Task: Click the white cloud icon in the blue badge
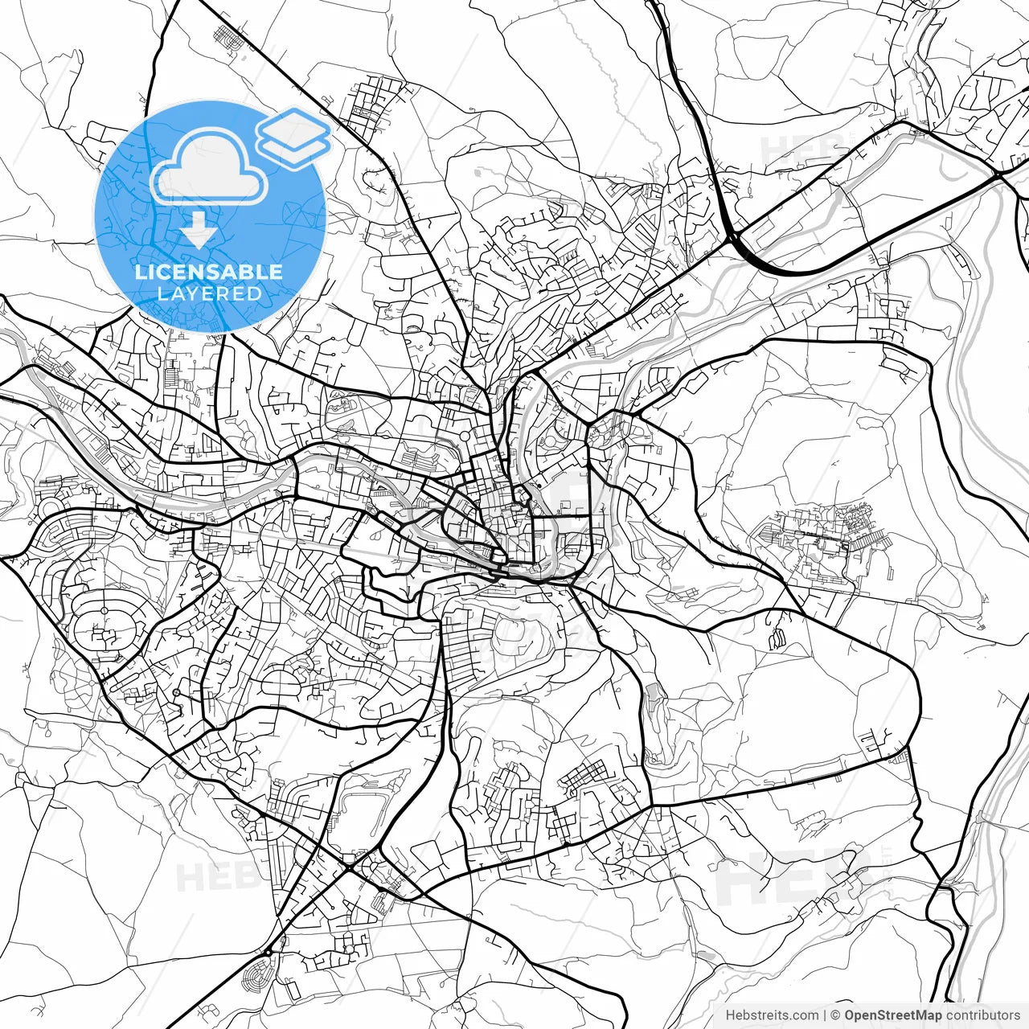click(209, 166)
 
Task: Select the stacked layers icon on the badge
click(294, 137)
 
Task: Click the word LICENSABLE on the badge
click(209, 272)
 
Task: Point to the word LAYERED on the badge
click(209, 293)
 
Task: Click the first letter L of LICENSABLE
click(139, 272)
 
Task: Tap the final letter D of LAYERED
click(255, 293)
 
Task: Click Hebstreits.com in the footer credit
click(772, 1015)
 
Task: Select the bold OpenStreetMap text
click(893, 1015)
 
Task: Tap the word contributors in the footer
click(982, 1015)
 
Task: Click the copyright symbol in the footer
click(835, 1015)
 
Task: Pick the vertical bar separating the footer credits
click(825, 1015)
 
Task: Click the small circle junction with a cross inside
click(176, 692)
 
